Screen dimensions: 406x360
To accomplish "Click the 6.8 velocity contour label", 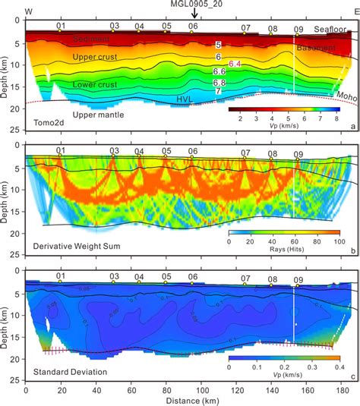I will coord(219,82).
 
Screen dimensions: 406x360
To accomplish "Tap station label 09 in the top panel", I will coord(298,30).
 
